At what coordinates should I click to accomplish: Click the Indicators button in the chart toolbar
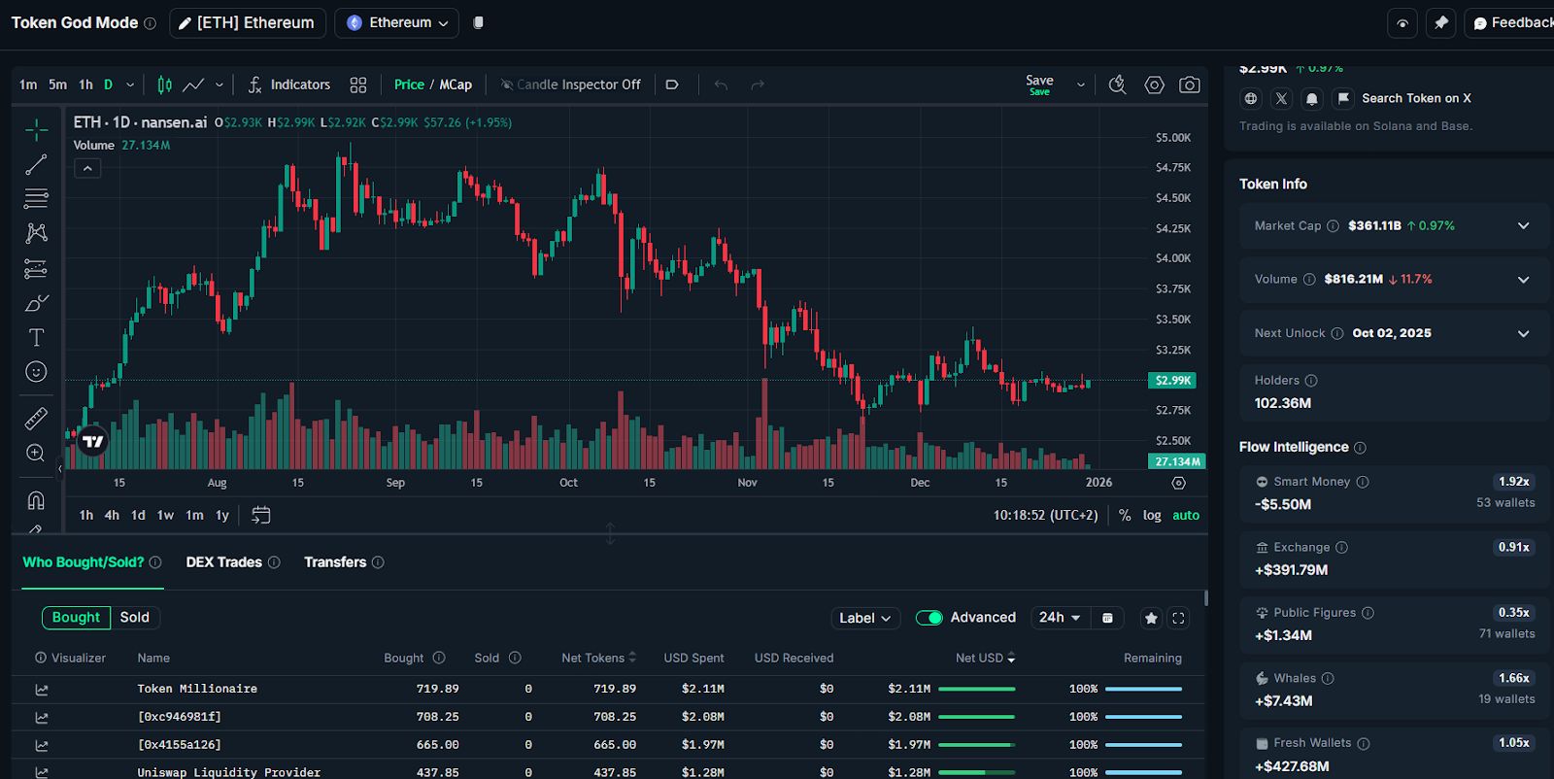click(289, 85)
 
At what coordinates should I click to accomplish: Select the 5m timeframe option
click(58, 85)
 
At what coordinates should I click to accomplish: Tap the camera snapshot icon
click(1189, 85)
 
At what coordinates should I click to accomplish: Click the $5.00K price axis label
click(1172, 138)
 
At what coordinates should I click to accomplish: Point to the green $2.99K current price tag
click(1172, 381)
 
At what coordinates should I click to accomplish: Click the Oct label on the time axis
click(568, 483)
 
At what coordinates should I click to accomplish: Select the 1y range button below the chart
click(222, 515)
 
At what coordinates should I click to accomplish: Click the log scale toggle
click(1152, 515)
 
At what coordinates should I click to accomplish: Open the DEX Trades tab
click(224, 562)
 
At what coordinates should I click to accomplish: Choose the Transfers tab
click(335, 562)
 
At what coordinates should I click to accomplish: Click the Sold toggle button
click(135, 618)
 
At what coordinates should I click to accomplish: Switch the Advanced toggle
click(929, 618)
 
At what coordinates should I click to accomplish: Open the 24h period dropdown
click(1059, 618)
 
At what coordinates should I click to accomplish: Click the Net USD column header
click(980, 658)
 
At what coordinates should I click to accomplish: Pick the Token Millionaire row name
click(197, 689)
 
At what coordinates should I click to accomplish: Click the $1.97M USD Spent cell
click(702, 745)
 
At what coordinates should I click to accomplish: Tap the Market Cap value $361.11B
click(1374, 225)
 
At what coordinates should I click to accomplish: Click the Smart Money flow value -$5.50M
click(1283, 504)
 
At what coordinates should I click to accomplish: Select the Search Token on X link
click(1416, 98)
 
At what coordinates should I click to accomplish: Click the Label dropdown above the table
click(864, 618)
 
